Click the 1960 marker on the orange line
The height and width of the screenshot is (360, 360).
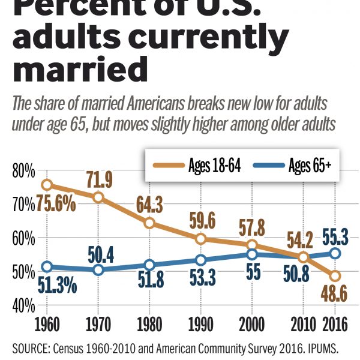47,185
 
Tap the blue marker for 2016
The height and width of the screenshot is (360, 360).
335,253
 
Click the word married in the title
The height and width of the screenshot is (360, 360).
80,69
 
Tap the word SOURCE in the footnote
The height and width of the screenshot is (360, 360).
35,347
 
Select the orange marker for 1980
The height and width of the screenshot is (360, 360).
150,223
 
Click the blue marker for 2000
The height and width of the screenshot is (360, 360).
253,254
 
